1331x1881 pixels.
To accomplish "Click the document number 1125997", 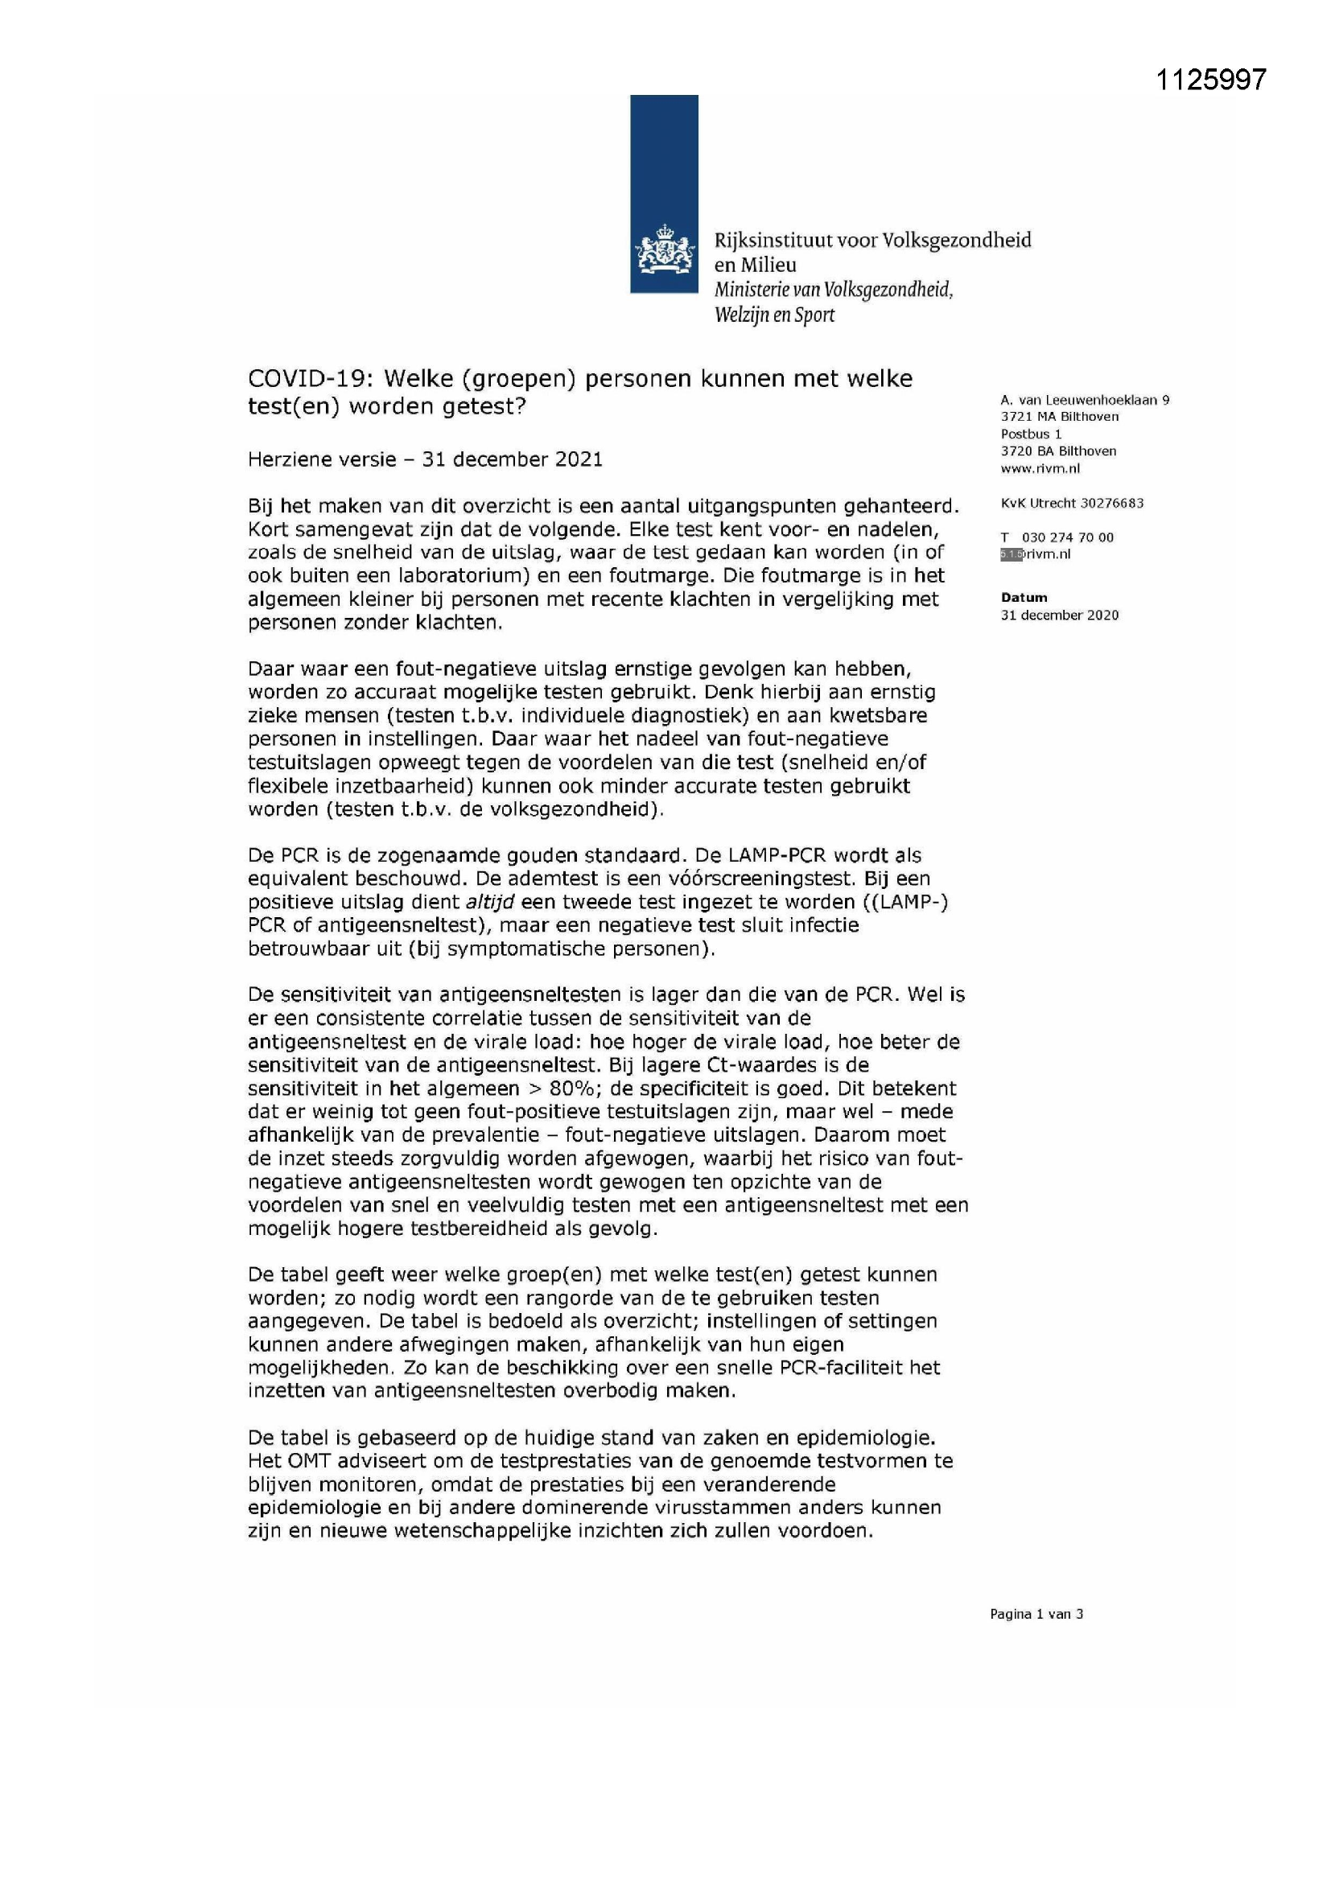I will click(1210, 80).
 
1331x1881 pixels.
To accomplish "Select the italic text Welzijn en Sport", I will click(773, 315).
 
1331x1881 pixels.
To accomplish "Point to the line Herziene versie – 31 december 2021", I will click(425, 459).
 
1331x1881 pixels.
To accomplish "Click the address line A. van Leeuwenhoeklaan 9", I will click(1084, 400).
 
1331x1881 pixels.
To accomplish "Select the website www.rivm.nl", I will click(1039, 468).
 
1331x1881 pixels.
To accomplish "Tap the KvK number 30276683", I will click(1106, 503).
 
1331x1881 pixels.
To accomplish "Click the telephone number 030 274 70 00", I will click(1068, 537).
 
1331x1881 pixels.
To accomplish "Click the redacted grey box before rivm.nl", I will click(1012, 554).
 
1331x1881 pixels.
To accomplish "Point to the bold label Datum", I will click(1024, 598).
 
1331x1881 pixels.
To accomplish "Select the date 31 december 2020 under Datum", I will click(1059, 615).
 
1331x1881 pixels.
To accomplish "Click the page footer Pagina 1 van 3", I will click(1036, 1615).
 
